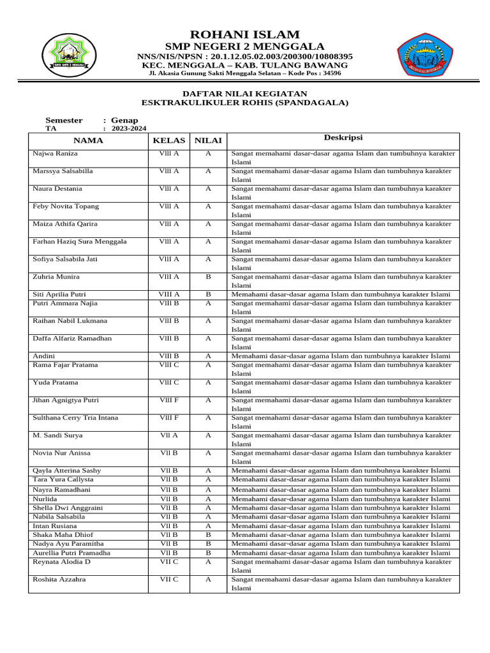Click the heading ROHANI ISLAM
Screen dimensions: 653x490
[x=245, y=34]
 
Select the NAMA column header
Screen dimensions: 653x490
[x=88, y=140]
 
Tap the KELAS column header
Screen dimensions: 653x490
[x=169, y=140]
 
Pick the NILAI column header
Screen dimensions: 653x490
[x=208, y=140]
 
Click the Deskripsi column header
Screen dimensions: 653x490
[x=343, y=138]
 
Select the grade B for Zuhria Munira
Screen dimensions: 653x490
[x=208, y=277]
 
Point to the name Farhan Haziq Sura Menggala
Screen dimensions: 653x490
[x=80, y=242]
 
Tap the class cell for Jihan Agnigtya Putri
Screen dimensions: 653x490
[x=169, y=400]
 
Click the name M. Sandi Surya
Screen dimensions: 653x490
[x=57, y=435]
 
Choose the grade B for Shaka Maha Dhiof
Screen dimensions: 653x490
[x=208, y=534]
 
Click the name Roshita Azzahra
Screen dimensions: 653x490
[x=59, y=579]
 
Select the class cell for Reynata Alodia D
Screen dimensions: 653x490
[x=169, y=562]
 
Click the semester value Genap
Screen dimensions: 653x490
[x=124, y=120]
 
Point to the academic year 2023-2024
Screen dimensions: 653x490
[x=129, y=128]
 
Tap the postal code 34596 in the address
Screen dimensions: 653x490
[x=332, y=73]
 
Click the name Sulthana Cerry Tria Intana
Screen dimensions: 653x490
[x=75, y=418]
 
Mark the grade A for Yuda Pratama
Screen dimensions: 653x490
[x=208, y=383]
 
